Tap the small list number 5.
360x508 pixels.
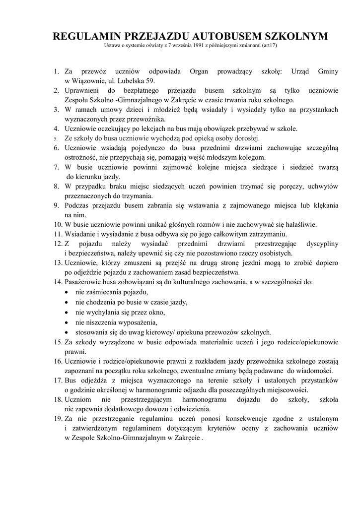click(56, 138)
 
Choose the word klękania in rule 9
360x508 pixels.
click(324, 205)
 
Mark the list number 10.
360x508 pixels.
click(57, 224)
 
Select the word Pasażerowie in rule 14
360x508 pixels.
click(84, 282)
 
